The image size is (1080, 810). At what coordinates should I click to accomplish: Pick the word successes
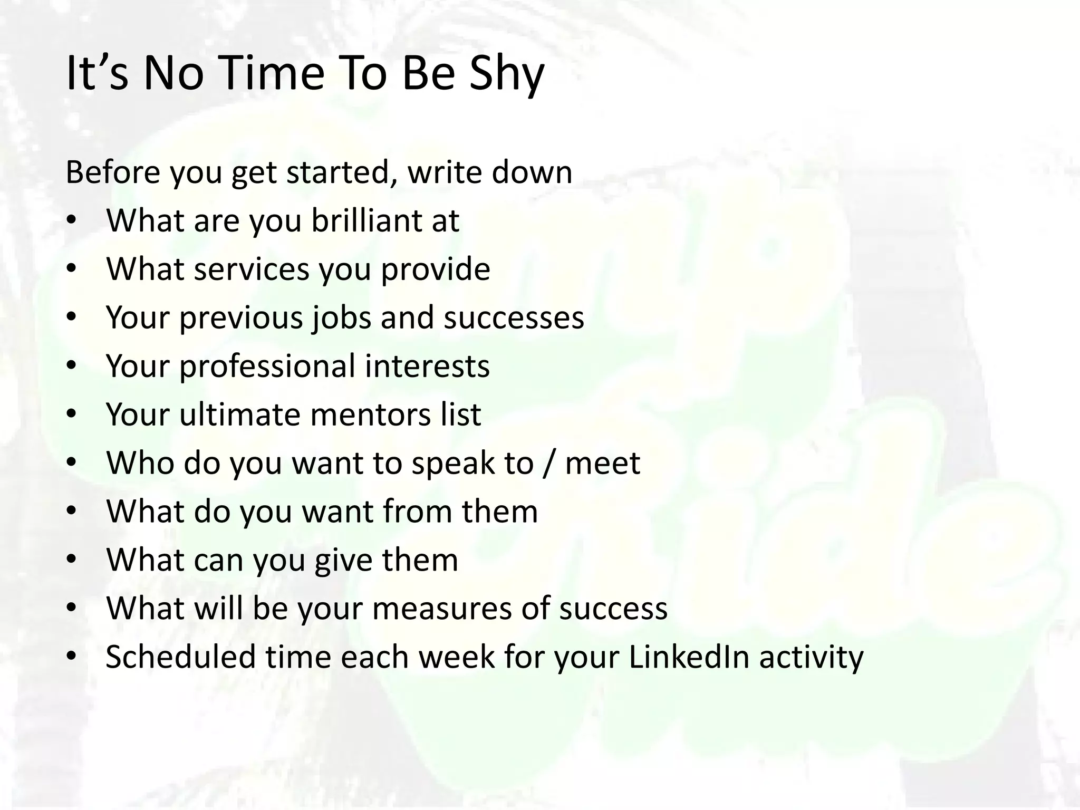point(514,317)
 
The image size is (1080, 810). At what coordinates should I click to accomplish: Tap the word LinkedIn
point(689,657)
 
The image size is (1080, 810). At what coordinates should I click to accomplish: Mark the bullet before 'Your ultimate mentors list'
point(72,416)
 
